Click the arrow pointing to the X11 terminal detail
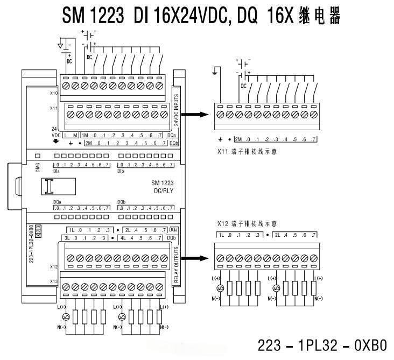(x=195, y=114)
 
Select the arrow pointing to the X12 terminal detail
(x=195, y=258)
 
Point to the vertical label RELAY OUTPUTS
(x=176, y=263)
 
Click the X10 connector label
(x=54, y=93)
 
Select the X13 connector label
(x=54, y=281)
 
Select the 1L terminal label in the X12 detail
(x=221, y=235)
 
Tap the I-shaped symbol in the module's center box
(x=51, y=187)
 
